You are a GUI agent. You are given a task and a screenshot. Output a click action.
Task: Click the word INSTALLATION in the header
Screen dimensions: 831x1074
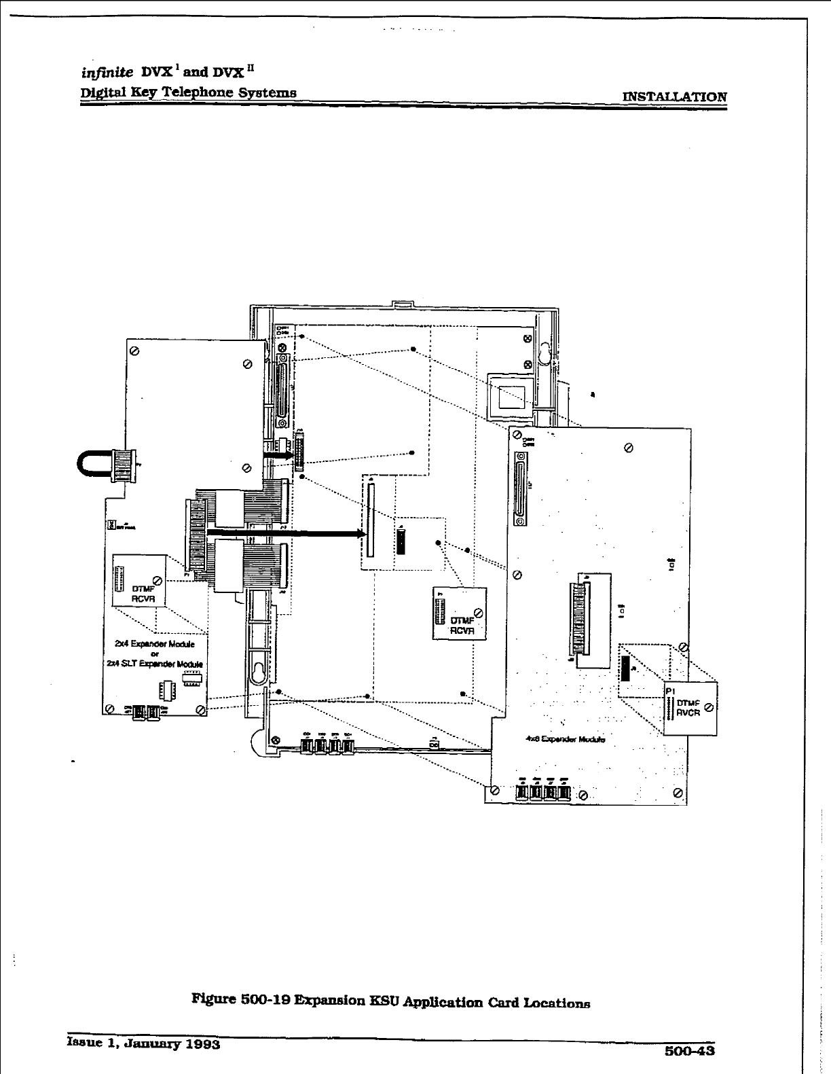[x=674, y=96]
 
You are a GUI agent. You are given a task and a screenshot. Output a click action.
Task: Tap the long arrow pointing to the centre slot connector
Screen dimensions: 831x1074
[x=285, y=534]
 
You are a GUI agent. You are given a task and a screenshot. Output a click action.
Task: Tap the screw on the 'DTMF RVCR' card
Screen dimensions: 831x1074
[x=709, y=708]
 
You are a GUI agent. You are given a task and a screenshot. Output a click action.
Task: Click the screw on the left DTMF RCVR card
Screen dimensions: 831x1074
[x=158, y=579]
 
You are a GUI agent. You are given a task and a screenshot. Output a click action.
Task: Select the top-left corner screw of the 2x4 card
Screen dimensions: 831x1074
[x=134, y=351]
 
